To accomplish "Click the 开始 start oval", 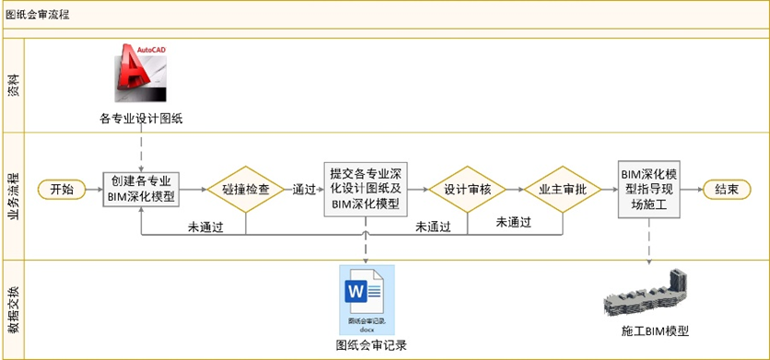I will (62, 189).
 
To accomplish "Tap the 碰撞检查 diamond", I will (246, 189).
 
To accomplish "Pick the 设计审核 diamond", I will (468, 189).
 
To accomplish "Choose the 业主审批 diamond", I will (563, 189).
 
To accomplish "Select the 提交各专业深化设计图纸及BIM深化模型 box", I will (367, 189).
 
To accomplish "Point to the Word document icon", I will (367, 297).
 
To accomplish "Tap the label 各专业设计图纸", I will (142, 118).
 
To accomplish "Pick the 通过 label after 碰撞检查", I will (305, 189).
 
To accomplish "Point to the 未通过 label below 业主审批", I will (514, 222).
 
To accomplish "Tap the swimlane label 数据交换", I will (14, 309).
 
